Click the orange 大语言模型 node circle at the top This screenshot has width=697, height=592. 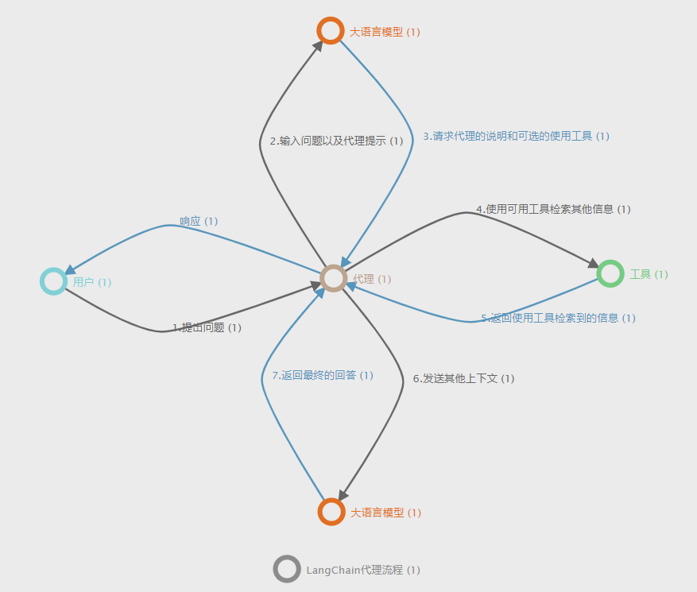pyautogui.click(x=330, y=30)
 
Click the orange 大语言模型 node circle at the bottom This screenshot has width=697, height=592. pyautogui.click(x=331, y=511)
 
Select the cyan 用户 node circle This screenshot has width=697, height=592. pyautogui.click(x=53, y=281)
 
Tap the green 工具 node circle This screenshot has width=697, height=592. pyautogui.click(x=610, y=273)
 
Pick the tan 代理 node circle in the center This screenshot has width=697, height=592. pyautogui.click(x=334, y=278)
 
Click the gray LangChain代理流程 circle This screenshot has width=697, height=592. pyautogui.click(x=286, y=569)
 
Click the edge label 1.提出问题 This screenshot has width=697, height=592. pyautogui.click(x=207, y=327)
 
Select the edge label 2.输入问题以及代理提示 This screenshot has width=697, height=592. pyautogui.click(x=335, y=141)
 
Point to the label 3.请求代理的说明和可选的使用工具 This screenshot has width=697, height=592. pyautogui.click(x=515, y=136)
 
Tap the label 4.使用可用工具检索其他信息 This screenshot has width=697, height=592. pyautogui.click(x=552, y=209)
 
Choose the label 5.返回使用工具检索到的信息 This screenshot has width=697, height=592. pyautogui.click(x=558, y=318)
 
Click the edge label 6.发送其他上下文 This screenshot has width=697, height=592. pyautogui.click(x=463, y=378)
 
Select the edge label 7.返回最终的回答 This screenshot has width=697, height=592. pyautogui.click(x=322, y=375)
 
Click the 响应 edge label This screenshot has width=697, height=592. pyautogui.click(x=198, y=221)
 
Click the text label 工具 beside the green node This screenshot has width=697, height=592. pyautogui.click(x=640, y=274)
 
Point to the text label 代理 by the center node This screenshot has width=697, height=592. pyautogui.click(x=363, y=279)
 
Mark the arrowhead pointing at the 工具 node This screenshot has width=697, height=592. pyautogui.click(x=593, y=263)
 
